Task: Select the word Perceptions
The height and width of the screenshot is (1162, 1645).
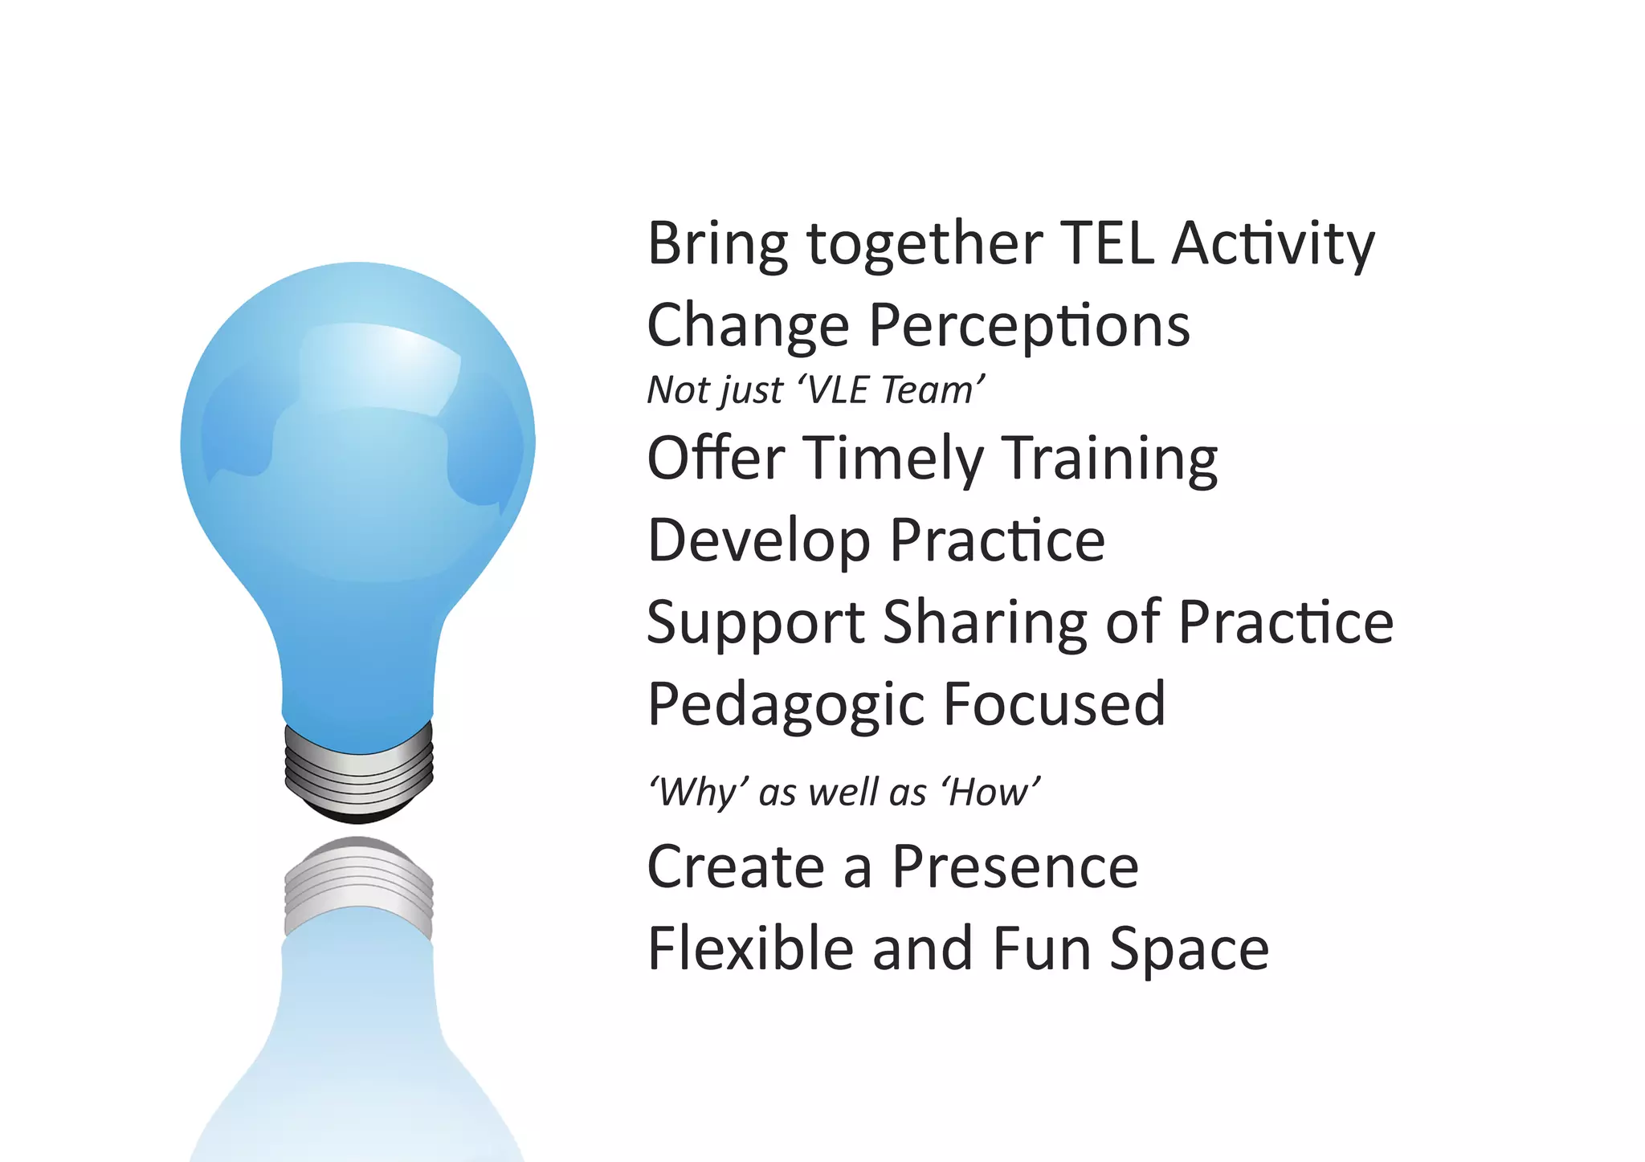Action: (1029, 326)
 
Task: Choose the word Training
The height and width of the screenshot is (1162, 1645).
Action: (1112, 459)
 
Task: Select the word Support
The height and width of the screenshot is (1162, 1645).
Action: (756, 624)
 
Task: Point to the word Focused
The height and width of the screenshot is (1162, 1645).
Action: (1054, 704)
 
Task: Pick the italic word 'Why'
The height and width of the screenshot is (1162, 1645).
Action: (699, 793)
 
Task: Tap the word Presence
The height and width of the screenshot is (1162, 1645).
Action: (1015, 867)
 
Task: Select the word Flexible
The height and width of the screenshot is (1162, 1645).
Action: (750, 948)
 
